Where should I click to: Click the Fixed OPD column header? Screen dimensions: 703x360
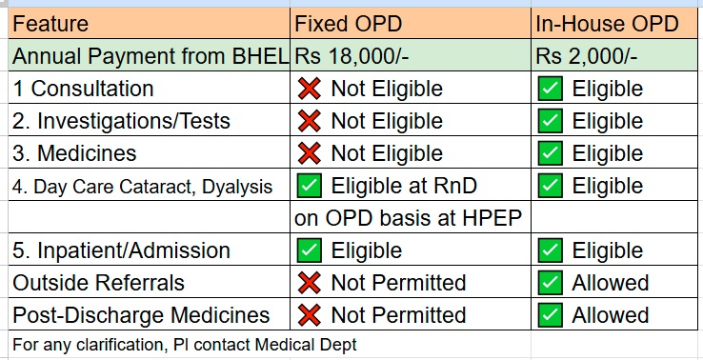[348, 23]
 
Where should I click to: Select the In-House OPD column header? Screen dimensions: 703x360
[607, 23]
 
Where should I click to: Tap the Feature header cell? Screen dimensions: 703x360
[50, 23]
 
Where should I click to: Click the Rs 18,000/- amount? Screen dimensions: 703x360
[351, 56]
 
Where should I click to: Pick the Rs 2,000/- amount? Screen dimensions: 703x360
[586, 56]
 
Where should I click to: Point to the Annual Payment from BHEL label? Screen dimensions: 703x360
[151, 56]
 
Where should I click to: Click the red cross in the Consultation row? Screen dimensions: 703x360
[309, 89]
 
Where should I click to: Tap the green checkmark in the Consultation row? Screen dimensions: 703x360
[551, 89]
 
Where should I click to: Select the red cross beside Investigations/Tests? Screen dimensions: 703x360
[309, 121]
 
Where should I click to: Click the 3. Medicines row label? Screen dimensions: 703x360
[74, 153]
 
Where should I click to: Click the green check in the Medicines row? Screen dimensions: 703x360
[551, 153]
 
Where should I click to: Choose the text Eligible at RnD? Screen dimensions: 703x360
[404, 186]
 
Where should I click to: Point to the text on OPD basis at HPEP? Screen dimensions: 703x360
[408, 218]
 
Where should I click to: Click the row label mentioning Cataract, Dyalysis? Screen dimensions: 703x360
[142, 187]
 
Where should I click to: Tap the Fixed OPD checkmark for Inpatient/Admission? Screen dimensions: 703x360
[309, 250]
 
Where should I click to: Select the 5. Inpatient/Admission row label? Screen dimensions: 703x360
[121, 250]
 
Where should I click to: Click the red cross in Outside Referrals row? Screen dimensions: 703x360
[309, 283]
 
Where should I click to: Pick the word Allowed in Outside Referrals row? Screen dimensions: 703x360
[611, 283]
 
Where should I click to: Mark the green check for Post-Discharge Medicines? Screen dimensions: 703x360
[551, 314]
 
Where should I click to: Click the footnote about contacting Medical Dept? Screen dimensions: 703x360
[184, 345]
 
